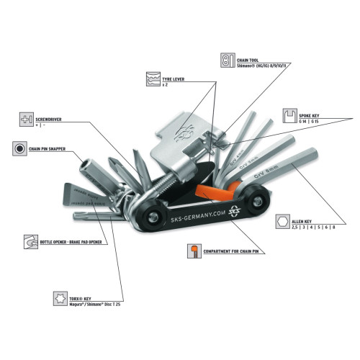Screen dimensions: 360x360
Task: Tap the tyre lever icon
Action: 152,78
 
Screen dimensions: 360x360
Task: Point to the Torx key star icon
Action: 60,296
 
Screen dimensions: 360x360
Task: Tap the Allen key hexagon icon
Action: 284,222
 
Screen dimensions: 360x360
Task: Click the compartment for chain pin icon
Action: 192,251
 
